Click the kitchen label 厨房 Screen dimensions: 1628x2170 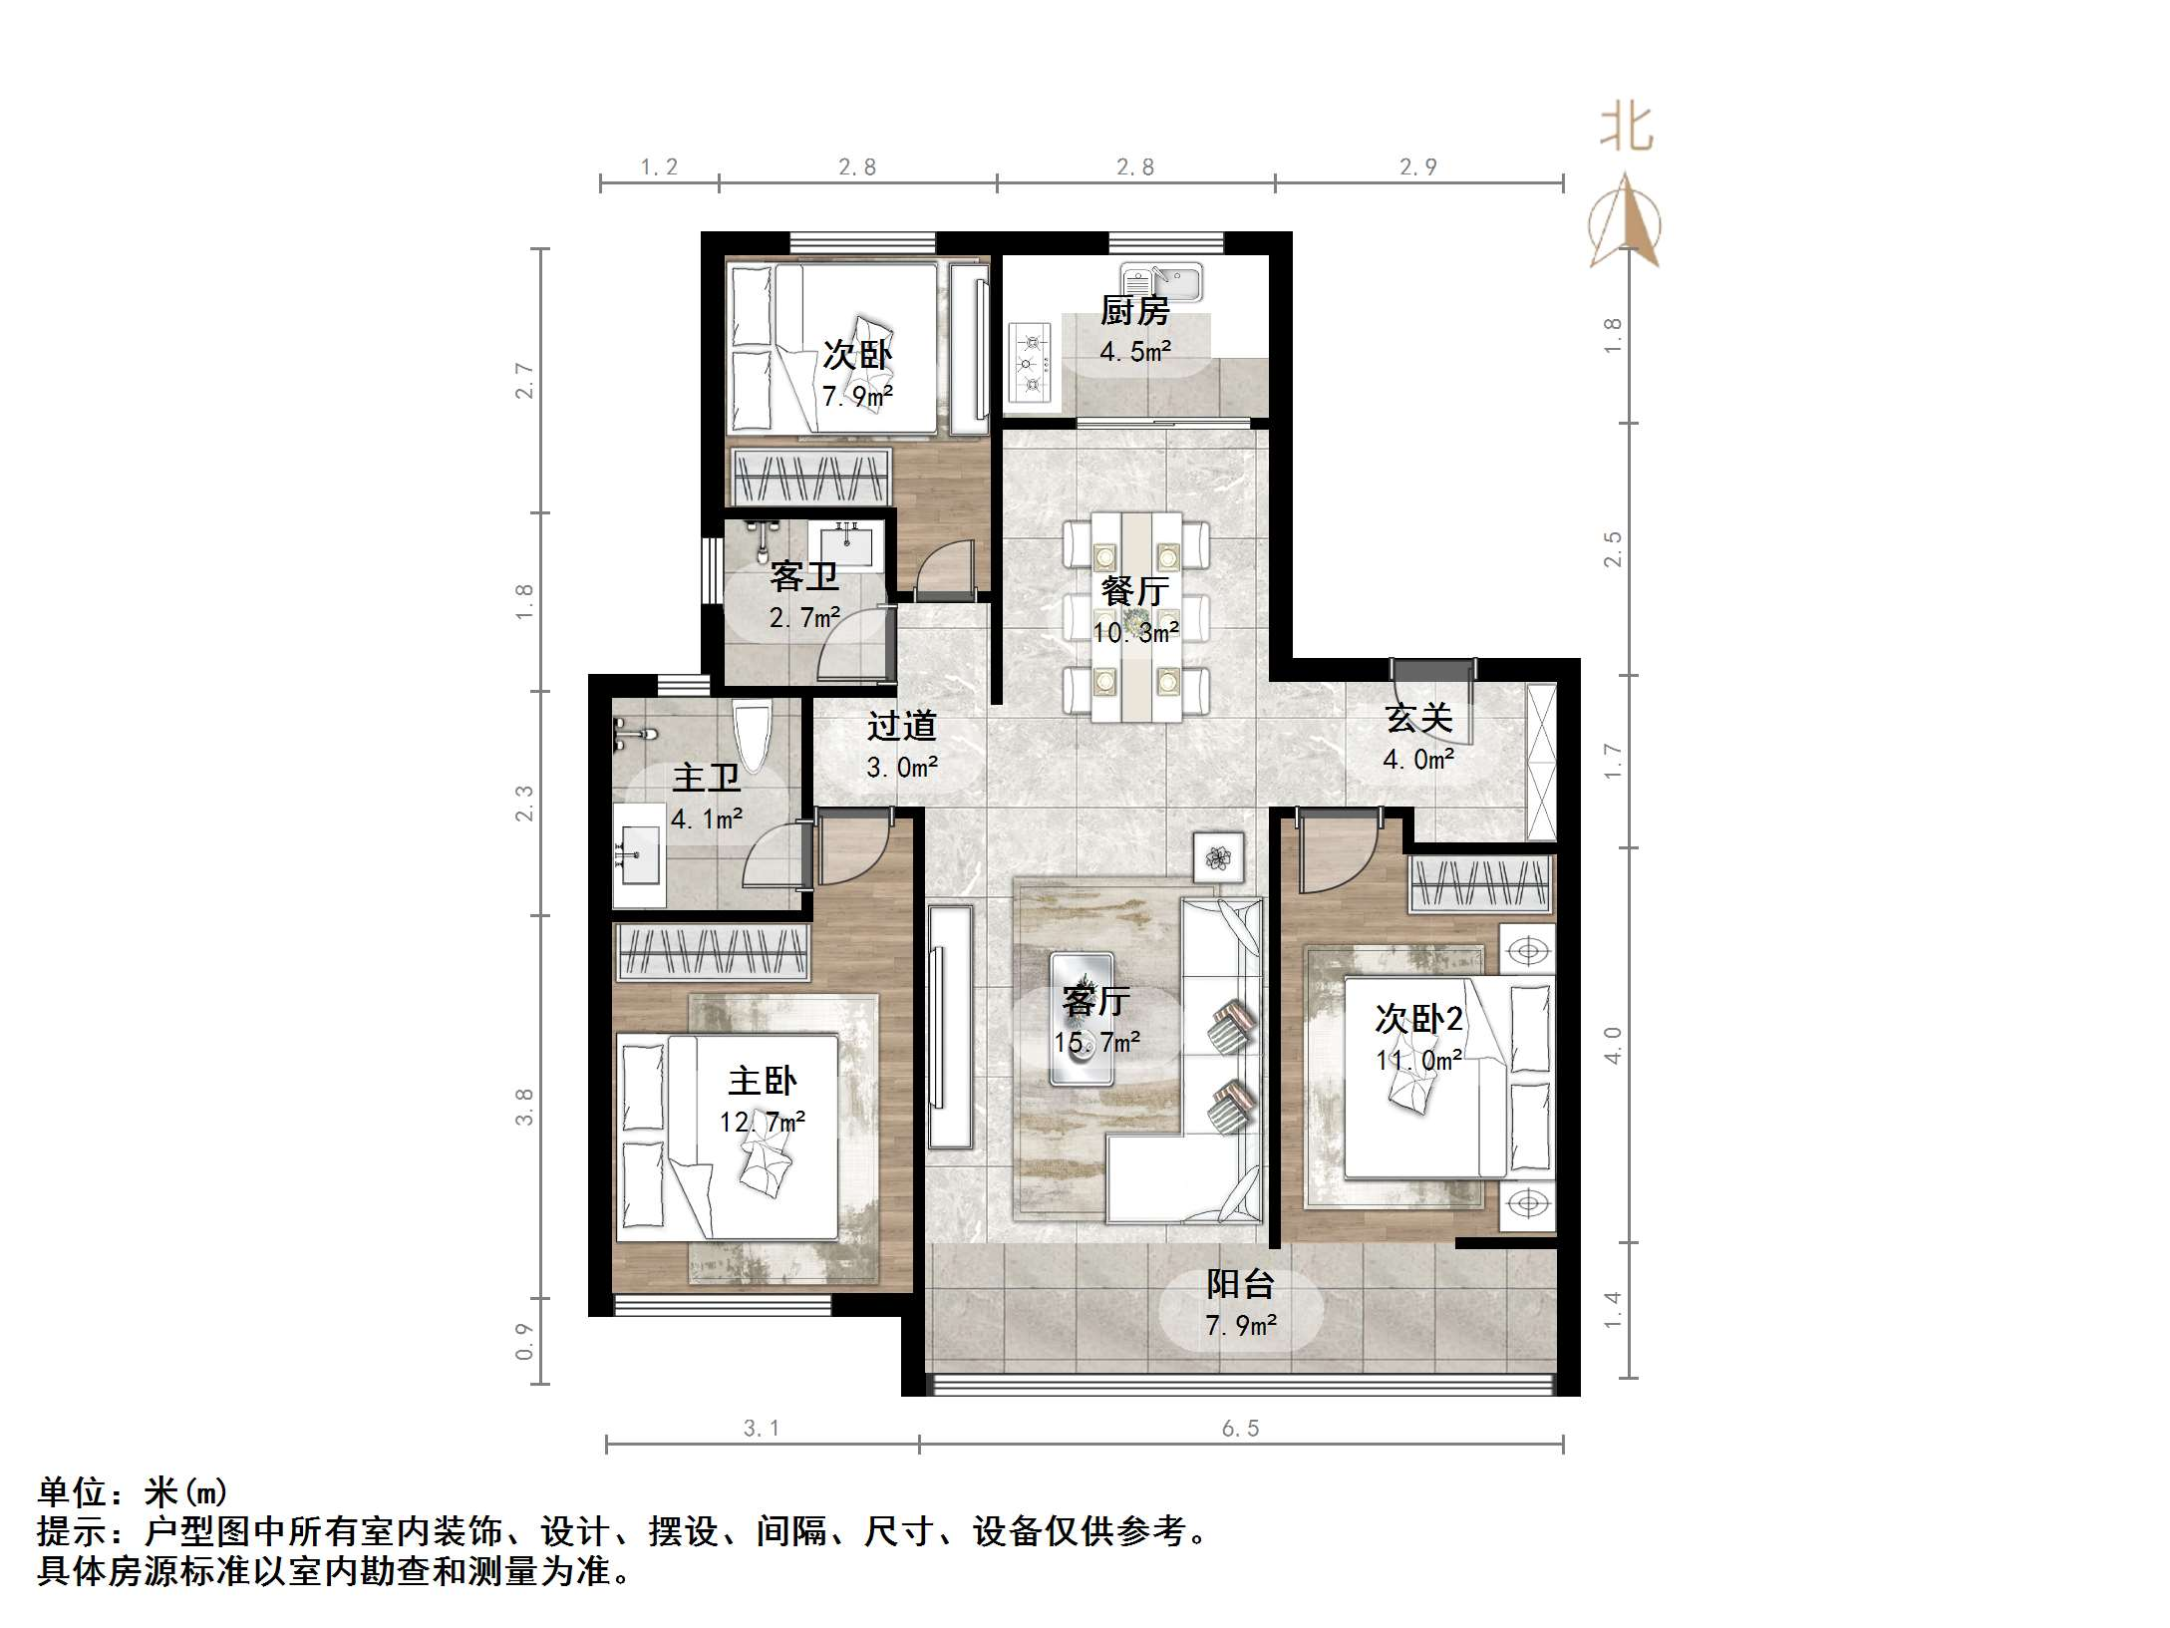coord(1134,312)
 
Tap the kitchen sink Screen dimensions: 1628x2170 coord(1160,281)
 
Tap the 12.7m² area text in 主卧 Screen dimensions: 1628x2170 coord(763,1123)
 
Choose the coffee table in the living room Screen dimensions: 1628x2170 coord(1082,1018)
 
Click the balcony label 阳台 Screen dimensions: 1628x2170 coord(1240,1284)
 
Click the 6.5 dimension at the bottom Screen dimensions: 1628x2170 coord(1240,1429)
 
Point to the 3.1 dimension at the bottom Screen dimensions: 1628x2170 coord(763,1429)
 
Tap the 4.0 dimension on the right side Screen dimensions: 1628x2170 coord(1614,1045)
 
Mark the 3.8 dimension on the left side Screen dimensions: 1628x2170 coord(524,1107)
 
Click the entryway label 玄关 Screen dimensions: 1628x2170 coord(1418,718)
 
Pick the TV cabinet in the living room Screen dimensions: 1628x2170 coord(948,1026)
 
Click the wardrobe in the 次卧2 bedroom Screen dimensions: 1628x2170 coord(1481,884)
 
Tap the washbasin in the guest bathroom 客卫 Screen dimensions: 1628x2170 coord(846,546)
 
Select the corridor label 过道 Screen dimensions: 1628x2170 coord(901,726)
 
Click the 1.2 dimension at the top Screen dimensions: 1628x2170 coord(659,167)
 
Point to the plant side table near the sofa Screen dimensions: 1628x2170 coord(1218,856)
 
